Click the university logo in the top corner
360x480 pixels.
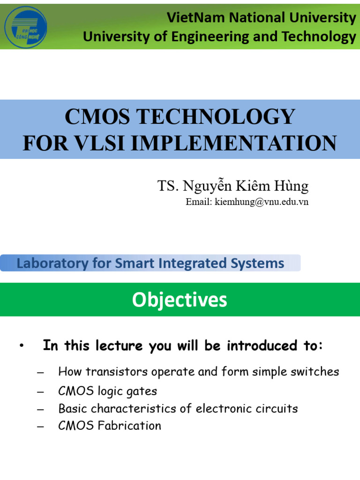pos(25,27)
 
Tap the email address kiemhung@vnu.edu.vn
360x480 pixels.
pos(261,202)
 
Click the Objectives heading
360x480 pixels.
pos(180,300)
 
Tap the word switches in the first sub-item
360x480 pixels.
pos(314,372)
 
